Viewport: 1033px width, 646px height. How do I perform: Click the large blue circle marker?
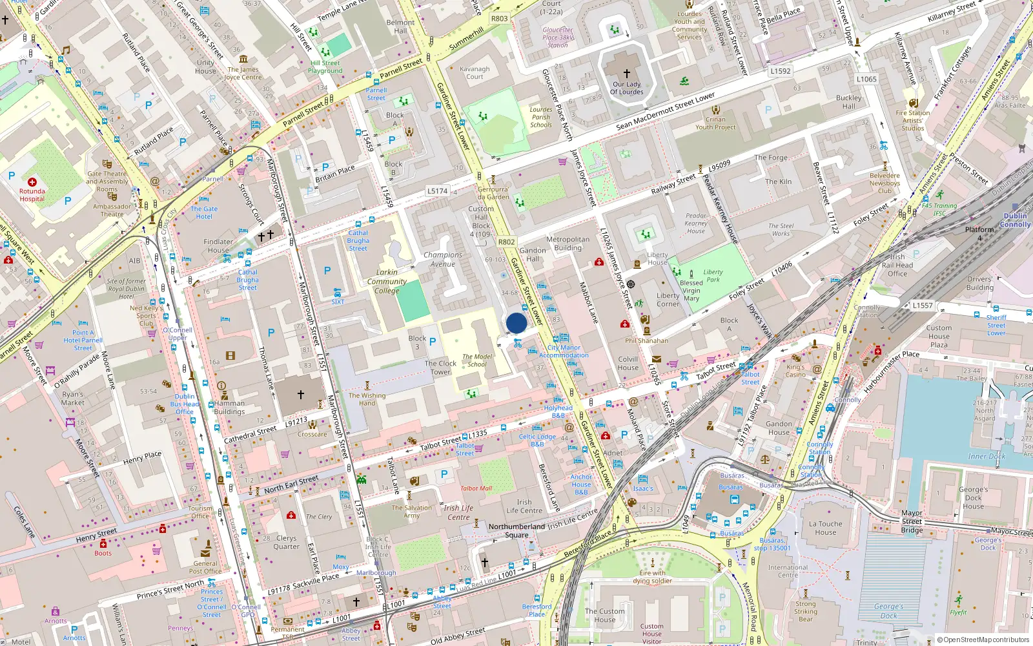tap(516, 323)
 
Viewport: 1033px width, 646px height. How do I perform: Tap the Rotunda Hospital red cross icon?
tap(32, 182)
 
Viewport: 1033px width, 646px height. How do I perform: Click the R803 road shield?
tap(499, 19)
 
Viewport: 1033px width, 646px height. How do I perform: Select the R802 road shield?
tap(506, 242)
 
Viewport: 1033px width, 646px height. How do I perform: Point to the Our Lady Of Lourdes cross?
tap(626, 74)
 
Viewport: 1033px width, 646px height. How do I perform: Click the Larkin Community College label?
tap(387, 282)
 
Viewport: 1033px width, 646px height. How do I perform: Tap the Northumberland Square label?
tap(516, 530)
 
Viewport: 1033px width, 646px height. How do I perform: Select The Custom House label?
tap(604, 615)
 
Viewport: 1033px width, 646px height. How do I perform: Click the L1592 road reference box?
tap(780, 71)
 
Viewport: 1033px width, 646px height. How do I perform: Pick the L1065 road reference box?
tap(866, 79)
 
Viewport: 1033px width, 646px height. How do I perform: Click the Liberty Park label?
tap(713, 276)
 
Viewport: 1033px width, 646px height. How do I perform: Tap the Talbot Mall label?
tap(476, 488)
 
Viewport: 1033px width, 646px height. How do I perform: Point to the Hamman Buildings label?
tap(229, 407)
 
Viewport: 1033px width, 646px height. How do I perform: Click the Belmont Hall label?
tap(400, 26)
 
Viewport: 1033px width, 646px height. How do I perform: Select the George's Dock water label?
tap(888, 610)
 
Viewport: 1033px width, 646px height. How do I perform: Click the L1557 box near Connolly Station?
tap(922, 306)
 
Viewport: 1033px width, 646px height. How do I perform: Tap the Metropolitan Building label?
tap(568, 244)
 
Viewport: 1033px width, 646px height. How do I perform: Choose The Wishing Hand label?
tap(367, 399)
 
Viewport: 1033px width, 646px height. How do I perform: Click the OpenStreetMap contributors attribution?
tap(983, 640)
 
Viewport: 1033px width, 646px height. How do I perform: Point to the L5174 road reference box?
tap(437, 191)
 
